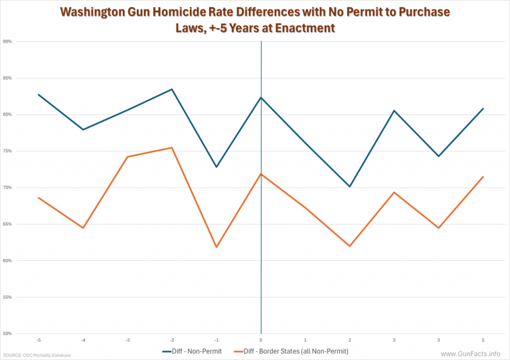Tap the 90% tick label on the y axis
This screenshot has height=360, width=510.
[x=8, y=41]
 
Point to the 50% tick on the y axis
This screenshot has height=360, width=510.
[x=8, y=333]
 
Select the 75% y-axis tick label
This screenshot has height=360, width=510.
[x=8, y=151]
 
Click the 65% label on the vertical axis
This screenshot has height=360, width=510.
[x=8, y=224]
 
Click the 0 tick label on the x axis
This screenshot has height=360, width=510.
[x=261, y=340]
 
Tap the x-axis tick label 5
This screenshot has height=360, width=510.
[x=483, y=340]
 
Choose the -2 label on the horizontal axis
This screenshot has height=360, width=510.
[x=172, y=340]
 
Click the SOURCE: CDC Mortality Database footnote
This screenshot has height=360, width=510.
[x=36, y=355]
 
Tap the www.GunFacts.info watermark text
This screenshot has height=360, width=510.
[x=470, y=353]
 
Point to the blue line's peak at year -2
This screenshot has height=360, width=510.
[x=172, y=89]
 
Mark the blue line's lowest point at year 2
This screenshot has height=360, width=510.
[x=349, y=187]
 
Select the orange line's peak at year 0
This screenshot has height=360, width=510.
[x=261, y=174]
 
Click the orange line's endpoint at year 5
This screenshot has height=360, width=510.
[x=483, y=177]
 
